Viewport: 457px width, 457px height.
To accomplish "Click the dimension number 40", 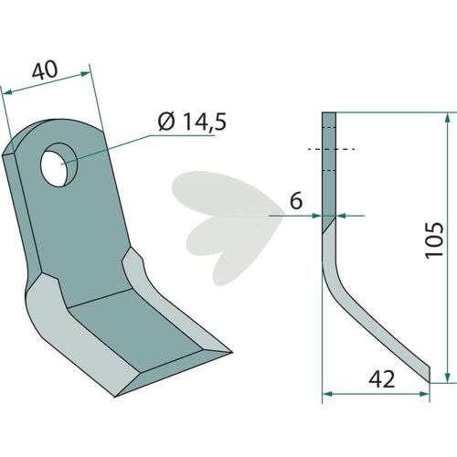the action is [45, 70].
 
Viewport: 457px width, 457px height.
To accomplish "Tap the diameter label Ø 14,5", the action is [192, 122].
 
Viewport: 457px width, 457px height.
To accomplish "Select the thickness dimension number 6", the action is [296, 201].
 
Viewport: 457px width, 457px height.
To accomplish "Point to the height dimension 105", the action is [434, 240].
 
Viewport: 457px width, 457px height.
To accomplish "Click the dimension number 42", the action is [381, 379].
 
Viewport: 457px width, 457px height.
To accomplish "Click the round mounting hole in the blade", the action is [59, 165].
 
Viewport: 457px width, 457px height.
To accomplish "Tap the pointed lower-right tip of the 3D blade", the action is [231, 352].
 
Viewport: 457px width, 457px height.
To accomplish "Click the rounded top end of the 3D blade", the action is [58, 125].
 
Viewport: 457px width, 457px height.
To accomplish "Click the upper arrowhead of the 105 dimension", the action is [447, 118].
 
